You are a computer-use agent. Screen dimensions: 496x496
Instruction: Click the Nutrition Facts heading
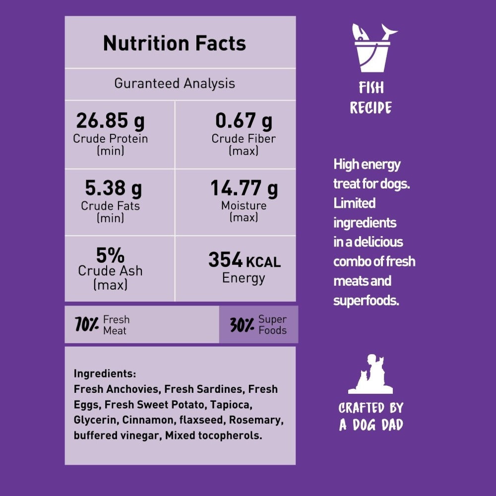[x=174, y=44]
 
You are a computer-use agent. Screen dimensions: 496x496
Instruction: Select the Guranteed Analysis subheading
[x=175, y=83]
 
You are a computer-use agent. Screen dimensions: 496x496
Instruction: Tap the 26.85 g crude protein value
[x=110, y=121]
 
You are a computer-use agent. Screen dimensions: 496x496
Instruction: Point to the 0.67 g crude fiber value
[x=244, y=121]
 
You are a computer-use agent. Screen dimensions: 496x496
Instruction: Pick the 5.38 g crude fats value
[x=113, y=188]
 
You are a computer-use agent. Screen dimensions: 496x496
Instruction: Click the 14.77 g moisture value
[x=244, y=188]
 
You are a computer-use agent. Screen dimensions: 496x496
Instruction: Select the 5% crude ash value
[x=110, y=255]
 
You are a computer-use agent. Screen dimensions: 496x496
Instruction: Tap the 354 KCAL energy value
[x=244, y=260]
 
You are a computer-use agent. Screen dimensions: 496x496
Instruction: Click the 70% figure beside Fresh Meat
[x=87, y=325]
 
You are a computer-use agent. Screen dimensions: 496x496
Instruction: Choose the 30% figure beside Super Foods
[x=243, y=325]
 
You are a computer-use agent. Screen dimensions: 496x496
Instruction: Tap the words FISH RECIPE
[x=371, y=98]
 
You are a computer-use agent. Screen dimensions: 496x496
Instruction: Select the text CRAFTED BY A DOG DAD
[x=371, y=416]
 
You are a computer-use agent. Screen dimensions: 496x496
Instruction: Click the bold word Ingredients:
[x=105, y=373]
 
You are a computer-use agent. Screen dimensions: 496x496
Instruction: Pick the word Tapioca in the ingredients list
[x=231, y=404]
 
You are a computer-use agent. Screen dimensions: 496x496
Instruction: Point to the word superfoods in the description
[x=366, y=300]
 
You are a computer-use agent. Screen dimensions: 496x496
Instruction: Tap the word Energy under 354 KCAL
[x=244, y=278]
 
